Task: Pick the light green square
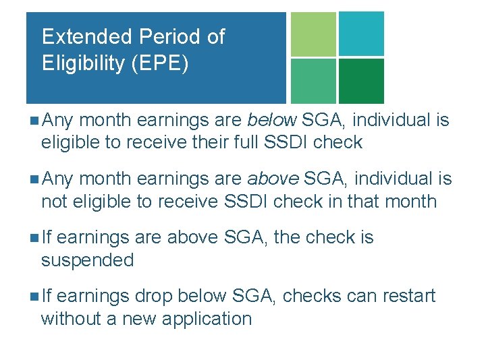(313, 34)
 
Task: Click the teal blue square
(361, 34)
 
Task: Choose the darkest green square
(361, 81)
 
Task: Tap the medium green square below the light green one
(313, 81)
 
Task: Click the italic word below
(272, 121)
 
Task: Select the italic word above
(273, 179)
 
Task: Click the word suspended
(88, 260)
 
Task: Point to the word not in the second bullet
(53, 202)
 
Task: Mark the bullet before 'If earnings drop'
(34, 297)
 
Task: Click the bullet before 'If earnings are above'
(34, 238)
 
